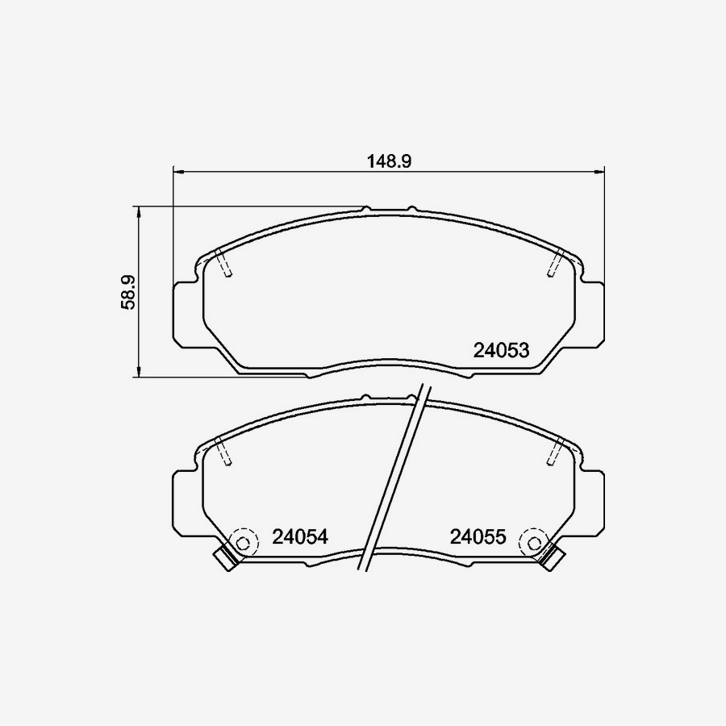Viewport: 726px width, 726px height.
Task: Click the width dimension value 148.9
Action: [x=389, y=161]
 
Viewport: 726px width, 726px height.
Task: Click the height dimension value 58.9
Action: [x=126, y=291]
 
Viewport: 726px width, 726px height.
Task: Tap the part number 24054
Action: [x=300, y=536]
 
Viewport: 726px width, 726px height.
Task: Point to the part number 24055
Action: [x=477, y=536]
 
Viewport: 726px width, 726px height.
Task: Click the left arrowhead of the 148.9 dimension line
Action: [x=180, y=170]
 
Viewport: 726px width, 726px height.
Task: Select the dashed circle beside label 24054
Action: [x=240, y=542]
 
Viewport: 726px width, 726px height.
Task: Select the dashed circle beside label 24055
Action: [x=533, y=542]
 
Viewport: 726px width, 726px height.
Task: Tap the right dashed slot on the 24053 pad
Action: [x=553, y=264]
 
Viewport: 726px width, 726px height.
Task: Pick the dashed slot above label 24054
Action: [x=225, y=452]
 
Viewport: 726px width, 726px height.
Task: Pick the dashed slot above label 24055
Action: [x=555, y=452]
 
